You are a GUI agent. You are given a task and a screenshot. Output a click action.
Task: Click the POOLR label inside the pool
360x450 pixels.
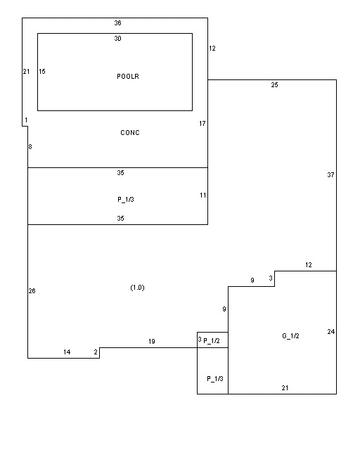[128, 77]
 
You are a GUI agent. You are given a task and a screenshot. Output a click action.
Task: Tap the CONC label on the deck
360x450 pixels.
[130, 133]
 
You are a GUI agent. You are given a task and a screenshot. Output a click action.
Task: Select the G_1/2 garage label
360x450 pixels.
[290, 336]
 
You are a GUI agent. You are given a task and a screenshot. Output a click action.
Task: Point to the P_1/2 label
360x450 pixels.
[212, 340]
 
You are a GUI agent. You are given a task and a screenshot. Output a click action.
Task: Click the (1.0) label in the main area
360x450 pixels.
[138, 288]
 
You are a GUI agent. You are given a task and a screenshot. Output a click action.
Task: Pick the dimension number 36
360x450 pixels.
[117, 23]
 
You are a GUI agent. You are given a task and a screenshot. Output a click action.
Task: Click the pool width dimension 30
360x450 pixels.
[117, 39]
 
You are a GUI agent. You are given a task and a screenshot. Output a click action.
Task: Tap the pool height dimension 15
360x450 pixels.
[42, 72]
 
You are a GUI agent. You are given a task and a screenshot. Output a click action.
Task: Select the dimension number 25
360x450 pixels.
[274, 84]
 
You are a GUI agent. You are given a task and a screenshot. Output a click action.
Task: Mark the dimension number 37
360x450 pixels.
[330, 175]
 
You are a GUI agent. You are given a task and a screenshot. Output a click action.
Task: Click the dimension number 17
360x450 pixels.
[202, 124]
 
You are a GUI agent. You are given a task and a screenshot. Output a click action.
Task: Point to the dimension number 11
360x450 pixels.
[203, 195]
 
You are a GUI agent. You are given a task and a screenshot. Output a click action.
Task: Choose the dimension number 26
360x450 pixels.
[32, 291]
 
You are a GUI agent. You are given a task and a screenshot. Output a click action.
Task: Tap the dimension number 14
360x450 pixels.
[67, 352]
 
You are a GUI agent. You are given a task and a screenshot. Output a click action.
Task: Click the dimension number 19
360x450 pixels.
[152, 342]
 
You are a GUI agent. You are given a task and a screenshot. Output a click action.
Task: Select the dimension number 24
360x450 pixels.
[331, 332]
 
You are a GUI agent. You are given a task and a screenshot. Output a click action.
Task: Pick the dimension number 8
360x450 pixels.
[30, 147]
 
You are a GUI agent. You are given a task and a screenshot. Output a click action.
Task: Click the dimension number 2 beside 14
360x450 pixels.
[96, 352]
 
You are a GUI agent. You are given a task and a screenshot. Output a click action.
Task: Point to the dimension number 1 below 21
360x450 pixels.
[26, 120]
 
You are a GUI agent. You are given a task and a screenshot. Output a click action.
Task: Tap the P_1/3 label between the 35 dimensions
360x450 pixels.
[126, 200]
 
